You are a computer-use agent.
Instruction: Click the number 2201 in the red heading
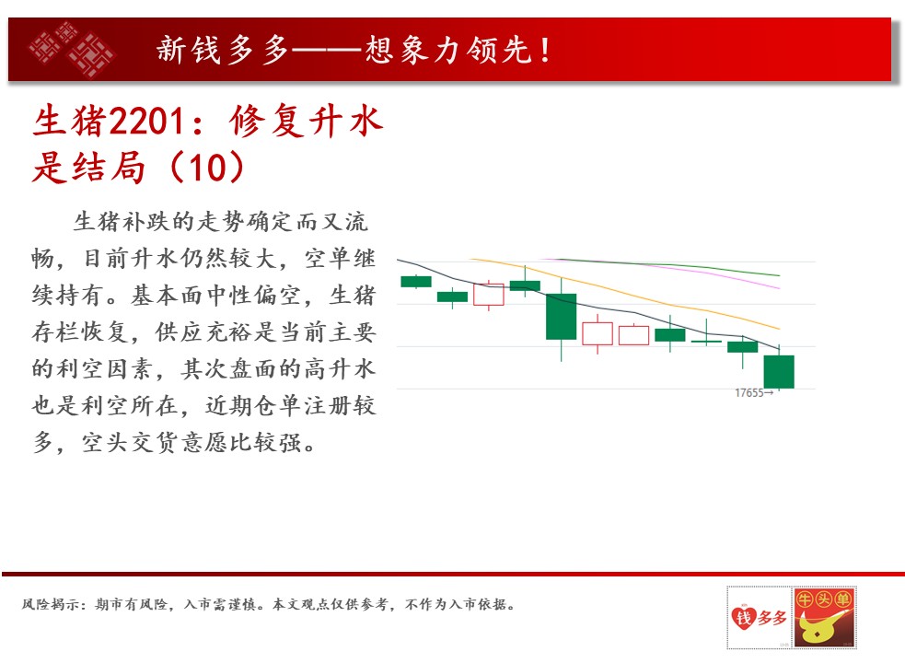tap(146, 122)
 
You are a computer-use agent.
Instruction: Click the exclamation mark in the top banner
tap(545, 50)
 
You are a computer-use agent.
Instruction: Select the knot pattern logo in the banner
tap(72, 49)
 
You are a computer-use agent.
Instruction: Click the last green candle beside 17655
tap(779, 371)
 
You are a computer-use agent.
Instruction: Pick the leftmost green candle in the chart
tap(416, 281)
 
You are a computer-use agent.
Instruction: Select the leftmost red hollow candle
tap(489, 295)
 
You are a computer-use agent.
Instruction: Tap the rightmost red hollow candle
tap(633, 335)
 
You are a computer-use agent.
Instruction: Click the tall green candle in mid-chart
tap(561, 317)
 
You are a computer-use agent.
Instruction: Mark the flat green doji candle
tap(706, 342)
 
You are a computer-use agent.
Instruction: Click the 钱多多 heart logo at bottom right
tap(759, 617)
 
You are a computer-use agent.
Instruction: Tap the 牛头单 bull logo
tap(824, 617)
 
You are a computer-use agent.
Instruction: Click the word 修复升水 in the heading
tap(306, 122)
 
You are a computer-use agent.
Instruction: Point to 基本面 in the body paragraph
tap(168, 295)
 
